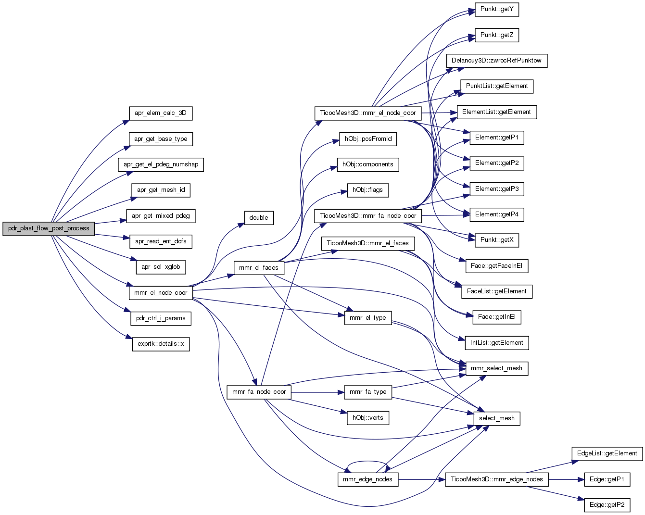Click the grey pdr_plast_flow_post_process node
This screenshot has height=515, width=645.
49,229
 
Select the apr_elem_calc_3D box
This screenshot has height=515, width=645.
161,113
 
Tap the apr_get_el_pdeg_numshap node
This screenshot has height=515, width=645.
161,165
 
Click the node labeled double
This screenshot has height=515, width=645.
259,218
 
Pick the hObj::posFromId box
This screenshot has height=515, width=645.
368,139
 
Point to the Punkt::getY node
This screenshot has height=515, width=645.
497,10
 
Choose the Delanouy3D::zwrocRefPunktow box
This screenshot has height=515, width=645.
497,61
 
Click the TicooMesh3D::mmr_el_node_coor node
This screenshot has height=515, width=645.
368,113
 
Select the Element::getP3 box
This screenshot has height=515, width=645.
497,189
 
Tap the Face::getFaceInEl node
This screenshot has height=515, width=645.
497,266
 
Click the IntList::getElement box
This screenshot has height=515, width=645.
497,343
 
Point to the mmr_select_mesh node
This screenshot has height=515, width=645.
497,368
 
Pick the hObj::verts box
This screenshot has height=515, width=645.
368,418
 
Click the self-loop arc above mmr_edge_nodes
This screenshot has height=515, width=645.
368,462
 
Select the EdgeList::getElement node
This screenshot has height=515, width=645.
607,453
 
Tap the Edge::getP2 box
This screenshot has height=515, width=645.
607,505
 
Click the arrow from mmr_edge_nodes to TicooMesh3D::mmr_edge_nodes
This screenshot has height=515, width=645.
422,479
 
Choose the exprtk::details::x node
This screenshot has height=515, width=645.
161,344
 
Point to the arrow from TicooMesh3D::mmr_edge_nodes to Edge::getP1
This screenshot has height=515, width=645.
567,479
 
